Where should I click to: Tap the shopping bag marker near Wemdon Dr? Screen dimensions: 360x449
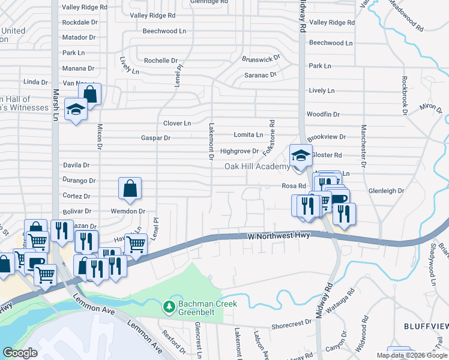tap(130, 188)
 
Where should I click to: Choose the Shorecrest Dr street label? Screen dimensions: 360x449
tap(292, 322)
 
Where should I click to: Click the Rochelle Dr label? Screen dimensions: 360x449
tap(161, 61)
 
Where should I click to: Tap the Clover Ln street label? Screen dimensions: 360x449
tap(177, 124)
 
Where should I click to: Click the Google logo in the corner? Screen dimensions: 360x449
tap(20, 353)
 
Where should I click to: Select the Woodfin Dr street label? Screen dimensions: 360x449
tap(323, 114)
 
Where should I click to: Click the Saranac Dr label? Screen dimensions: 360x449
tap(260, 75)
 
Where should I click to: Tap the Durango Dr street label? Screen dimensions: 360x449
tap(79, 180)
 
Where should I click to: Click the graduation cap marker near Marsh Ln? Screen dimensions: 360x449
tap(76, 109)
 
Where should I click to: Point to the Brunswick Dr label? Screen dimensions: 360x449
tap(261, 59)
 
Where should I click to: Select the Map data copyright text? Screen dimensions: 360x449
tap(412, 355)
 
